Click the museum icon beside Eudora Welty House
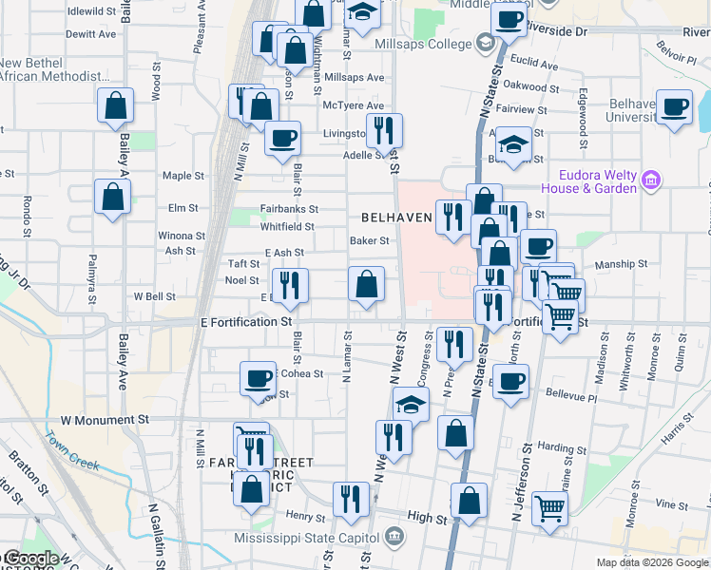point(651,180)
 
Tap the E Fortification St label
point(245,322)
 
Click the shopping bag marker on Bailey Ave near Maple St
point(112,196)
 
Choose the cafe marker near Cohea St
point(258,378)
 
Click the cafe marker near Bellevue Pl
point(511,381)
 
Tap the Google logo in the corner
point(31,559)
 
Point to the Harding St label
point(562,446)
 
